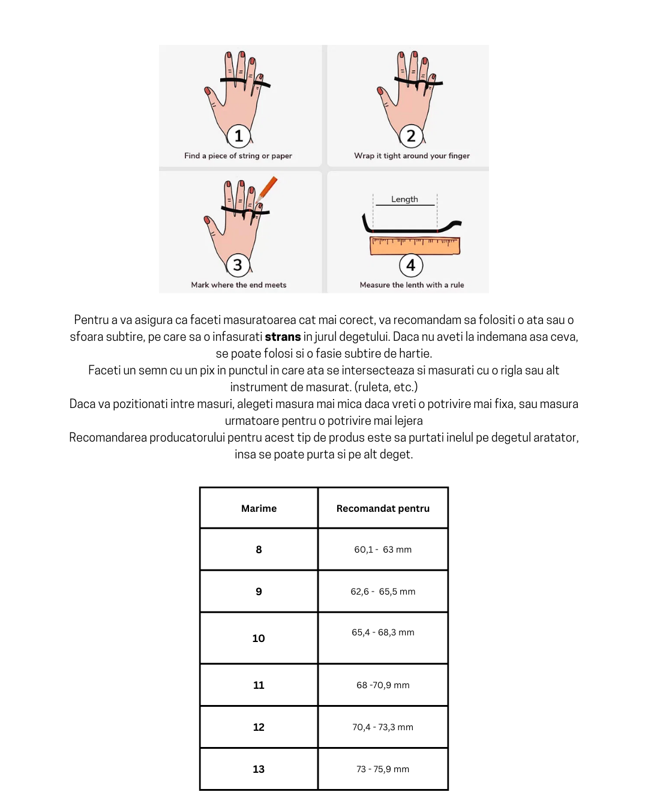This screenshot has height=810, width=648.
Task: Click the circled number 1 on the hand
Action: click(x=239, y=136)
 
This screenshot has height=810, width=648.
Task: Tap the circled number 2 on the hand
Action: click(x=411, y=136)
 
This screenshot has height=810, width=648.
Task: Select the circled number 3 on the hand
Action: click(x=238, y=265)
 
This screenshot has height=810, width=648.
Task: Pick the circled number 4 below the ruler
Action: click(x=411, y=265)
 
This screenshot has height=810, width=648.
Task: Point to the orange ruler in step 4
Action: click(x=415, y=246)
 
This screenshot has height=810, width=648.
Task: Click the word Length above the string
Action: click(x=404, y=199)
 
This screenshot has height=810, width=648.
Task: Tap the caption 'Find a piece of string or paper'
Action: click(x=238, y=156)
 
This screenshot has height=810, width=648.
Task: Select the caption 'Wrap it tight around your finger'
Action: click(x=412, y=156)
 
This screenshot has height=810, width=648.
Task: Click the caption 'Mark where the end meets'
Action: click(x=239, y=285)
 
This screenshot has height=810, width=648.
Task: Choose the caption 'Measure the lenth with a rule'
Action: click(x=412, y=285)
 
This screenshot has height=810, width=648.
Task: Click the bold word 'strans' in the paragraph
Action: click(x=283, y=337)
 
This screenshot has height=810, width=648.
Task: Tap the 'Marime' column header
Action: click(x=259, y=508)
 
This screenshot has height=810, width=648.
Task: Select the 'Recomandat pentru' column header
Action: click(x=383, y=508)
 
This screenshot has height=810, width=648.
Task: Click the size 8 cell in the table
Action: click(x=259, y=550)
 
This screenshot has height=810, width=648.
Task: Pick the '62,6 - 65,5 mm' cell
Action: click(x=383, y=592)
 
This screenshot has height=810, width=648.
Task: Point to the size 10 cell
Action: click(x=259, y=638)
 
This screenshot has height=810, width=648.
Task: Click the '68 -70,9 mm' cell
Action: click(x=383, y=685)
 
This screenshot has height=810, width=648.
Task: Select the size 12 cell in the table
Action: click(x=259, y=727)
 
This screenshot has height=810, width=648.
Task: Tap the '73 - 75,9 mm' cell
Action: click(x=383, y=769)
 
